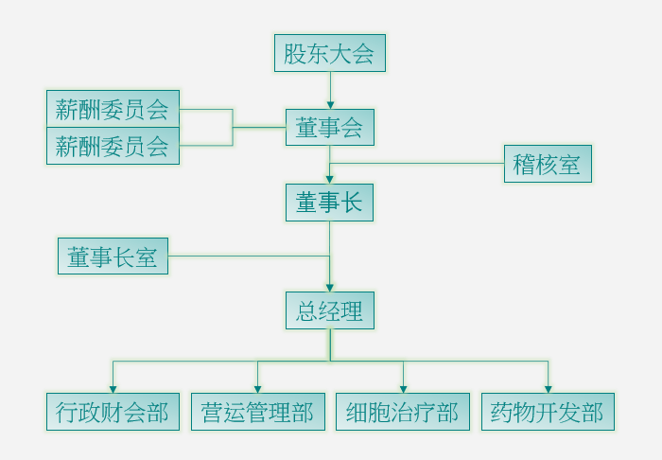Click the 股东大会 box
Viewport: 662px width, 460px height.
(330, 53)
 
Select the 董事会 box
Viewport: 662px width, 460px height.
(330, 127)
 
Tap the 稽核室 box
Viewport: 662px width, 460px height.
(548, 164)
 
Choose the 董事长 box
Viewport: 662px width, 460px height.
(330, 202)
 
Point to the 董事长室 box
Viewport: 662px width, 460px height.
(113, 256)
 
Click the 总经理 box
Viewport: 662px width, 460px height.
(330, 310)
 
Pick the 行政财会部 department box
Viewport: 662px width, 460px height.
(113, 412)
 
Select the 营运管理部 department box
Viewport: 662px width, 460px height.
(257, 412)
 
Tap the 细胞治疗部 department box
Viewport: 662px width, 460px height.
(402, 412)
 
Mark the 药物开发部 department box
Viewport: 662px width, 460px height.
(548, 412)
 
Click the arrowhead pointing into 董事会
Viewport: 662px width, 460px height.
(330, 104)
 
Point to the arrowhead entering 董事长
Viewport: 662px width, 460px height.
(330, 179)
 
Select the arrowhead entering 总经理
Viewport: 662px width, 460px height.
(330, 287)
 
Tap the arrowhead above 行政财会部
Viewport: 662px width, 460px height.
(113, 389)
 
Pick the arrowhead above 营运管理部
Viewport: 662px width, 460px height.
(257, 389)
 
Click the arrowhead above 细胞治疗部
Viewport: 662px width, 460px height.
(403, 389)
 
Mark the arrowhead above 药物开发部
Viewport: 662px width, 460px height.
(548, 389)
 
